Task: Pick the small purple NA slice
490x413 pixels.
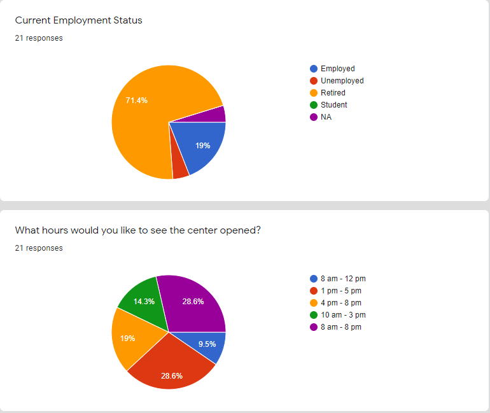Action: [x=216, y=115]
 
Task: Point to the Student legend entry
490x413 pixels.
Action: [x=333, y=105]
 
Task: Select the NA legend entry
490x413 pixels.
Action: [x=326, y=117]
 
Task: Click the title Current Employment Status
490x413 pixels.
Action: [x=78, y=20]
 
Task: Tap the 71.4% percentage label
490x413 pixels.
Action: [x=137, y=100]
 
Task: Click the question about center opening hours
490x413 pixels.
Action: [x=137, y=230]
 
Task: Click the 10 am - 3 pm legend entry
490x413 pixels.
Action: [x=343, y=315]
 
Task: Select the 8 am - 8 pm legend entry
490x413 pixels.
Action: [x=340, y=327]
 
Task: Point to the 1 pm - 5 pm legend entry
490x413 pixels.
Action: [x=340, y=291]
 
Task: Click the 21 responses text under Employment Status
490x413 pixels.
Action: [x=39, y=38]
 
